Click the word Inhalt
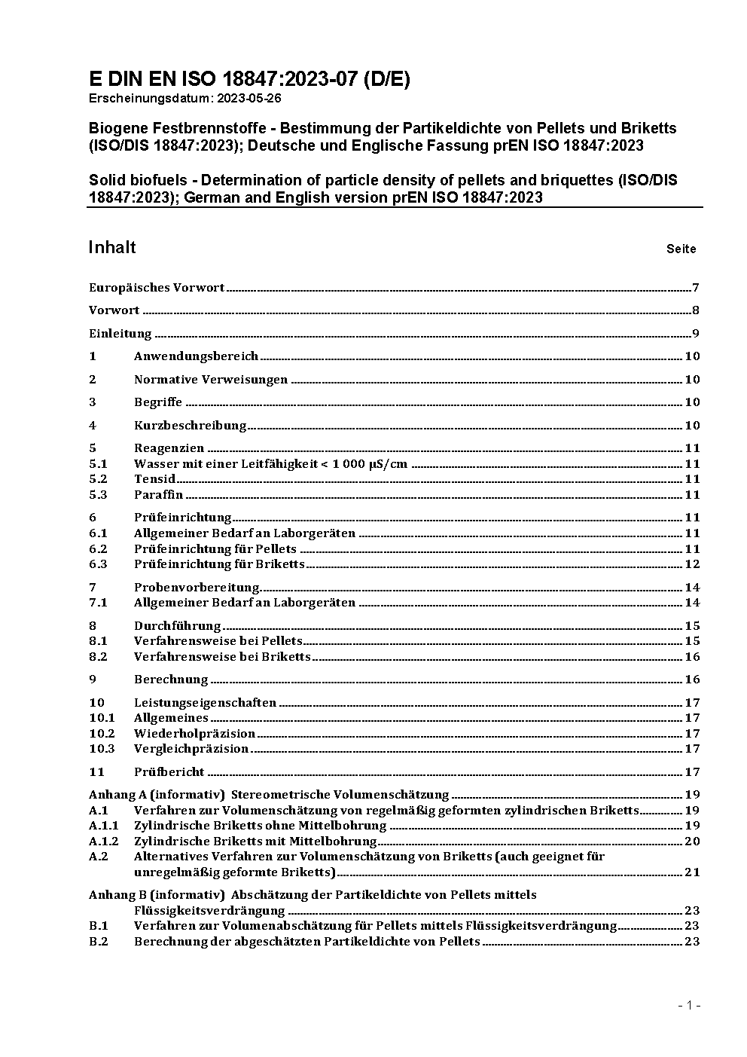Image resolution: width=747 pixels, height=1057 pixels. coord(112,247)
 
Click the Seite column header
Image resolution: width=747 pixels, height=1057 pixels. coord(681,249)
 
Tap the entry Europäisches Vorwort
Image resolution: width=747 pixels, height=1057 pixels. coord(157,287)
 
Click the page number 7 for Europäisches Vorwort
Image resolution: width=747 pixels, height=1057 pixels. coord(696,287)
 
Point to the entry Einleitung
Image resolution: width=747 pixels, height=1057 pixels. coord(120,333)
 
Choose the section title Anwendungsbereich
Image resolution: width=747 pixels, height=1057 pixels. coord(196,356)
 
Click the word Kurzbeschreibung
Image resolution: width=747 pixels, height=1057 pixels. coord(191,425)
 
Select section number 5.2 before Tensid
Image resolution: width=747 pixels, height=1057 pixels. coord(99,478)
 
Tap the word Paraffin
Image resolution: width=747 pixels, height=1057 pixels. coord(158,494)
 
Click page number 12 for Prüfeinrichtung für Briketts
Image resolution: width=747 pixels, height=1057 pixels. coord(692,564)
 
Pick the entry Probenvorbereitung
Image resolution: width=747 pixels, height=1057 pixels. coord(197,587)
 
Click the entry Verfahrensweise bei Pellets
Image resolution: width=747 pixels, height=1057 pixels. coord(218,640)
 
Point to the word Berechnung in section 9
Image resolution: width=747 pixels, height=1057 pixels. coord(171,679)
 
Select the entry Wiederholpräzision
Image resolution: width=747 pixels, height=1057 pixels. coord(194,733)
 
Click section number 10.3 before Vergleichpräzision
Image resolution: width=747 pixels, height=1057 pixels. coord(102,748)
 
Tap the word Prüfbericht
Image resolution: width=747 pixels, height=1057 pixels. coord(169,771)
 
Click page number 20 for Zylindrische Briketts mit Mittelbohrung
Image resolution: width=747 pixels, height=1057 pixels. coord(692,841)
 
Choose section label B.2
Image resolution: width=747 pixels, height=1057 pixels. coord(99,941)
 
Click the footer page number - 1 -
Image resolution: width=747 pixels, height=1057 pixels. coord(689,1005)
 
